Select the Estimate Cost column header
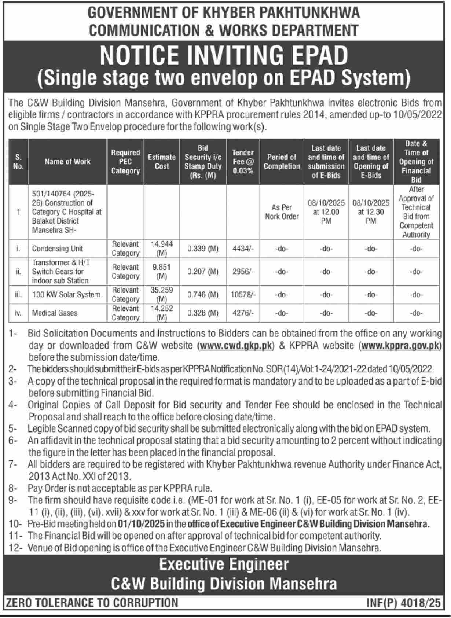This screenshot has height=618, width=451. coord(162,162)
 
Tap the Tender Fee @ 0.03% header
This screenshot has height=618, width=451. coord(243,162)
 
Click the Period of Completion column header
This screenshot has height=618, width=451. coord(282,162)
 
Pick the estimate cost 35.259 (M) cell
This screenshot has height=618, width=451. coord(162,294)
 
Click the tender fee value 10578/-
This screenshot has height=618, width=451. coord(243,295)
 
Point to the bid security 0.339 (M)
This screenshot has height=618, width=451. coord(203,249)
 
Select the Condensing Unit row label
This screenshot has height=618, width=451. coord(58,249)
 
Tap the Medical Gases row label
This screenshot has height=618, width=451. coord(55,313)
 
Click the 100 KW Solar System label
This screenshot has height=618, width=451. coord(66,294)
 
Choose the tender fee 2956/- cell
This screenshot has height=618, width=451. coord(243,272)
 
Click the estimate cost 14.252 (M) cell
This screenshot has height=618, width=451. coord(162,313)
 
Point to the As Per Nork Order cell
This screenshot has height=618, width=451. coord(282,212)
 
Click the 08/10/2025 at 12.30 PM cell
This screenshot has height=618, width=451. coord(371,212)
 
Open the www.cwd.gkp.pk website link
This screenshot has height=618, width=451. coord(236,345)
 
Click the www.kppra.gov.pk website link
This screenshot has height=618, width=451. coord(400,345)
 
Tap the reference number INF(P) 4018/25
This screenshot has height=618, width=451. coord(403,603)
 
